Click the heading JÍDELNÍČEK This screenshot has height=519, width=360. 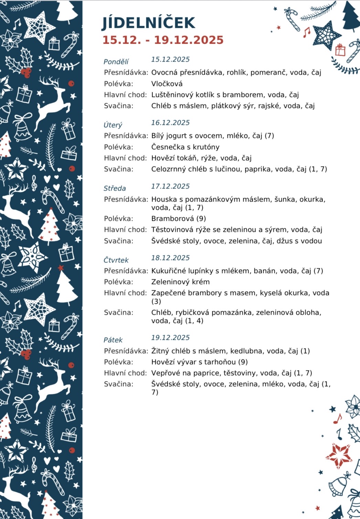[x=149, y=23]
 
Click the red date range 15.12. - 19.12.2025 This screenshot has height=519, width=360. [x=163, y=40]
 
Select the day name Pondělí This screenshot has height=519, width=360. [x=116, y=62]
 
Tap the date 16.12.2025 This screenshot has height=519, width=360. [x=170, y=123]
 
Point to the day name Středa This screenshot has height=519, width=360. [x=115, y=188]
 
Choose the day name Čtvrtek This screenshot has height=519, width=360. [x=116, y=260]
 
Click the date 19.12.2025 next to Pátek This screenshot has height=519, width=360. [x=170, y=338]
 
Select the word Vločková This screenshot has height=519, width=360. [x=167, y=84]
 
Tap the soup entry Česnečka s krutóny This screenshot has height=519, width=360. [x=185, y=147]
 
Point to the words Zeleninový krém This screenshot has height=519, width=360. [x=180, y=282]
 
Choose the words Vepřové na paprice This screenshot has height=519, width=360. [x=185, y=373]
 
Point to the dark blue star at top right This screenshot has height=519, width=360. [x=325, y=35]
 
